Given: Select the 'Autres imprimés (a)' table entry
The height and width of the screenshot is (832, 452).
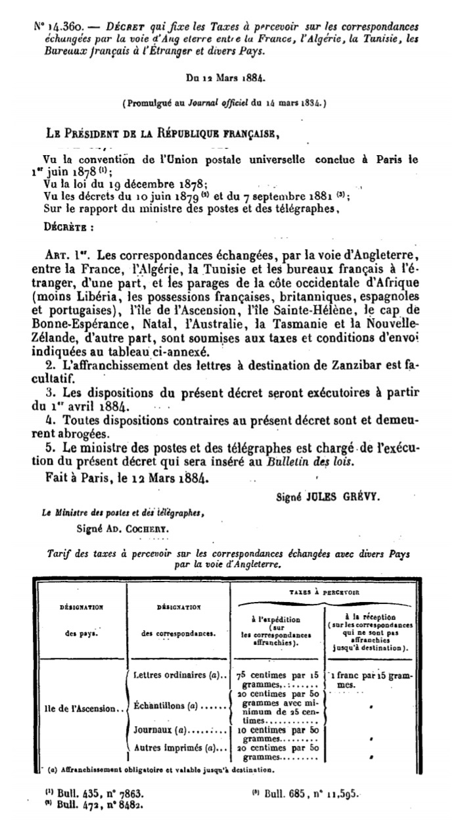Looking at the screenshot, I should (x=179, y=747).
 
